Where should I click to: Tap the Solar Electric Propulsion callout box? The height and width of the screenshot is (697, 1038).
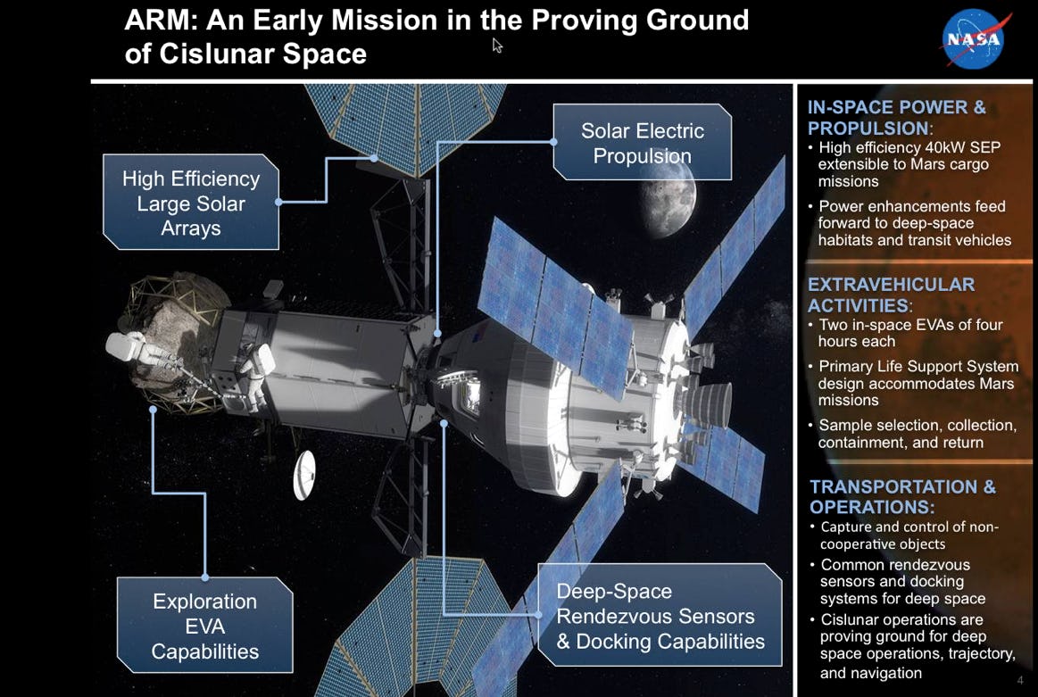[x=642, y=142]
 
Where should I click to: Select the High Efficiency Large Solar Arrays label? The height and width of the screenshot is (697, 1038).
[x=191, y=203]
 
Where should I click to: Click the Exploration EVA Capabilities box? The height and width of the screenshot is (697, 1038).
[x=204, y=626]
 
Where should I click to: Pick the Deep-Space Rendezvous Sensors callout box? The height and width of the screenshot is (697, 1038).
[x=660, y=616]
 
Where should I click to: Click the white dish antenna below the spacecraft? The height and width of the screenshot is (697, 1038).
[x=304, y=475]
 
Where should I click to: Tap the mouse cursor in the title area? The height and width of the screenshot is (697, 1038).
[x=497, y=45]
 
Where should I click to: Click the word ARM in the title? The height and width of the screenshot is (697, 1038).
[x=161, y=21]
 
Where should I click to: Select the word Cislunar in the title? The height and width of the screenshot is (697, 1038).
[x=216, y=54]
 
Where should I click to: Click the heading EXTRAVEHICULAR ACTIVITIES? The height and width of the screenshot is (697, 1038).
[x=891, y=295]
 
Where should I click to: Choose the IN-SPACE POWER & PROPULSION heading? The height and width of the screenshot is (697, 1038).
[x=896, y=117]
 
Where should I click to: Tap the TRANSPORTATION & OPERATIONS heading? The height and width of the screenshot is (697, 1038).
[x=902, y=496]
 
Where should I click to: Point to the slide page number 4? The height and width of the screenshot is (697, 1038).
[x=1020, y=680]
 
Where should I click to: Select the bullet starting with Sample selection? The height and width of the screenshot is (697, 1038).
[x=912, y=434]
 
